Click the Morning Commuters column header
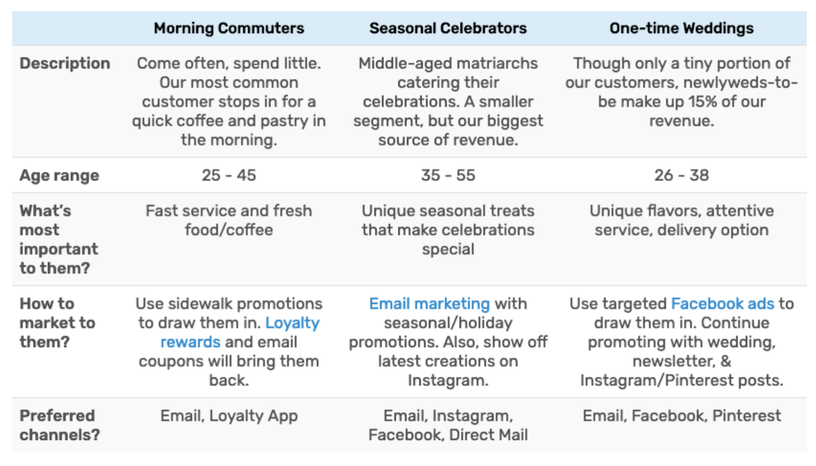(x=229, y=29)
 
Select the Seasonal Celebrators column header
(x=448, y=29)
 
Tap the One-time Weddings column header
(x=681, y=29)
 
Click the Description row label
(x=65, y=64)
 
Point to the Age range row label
(x=59, y=176)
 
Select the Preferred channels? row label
(x=59, y=425)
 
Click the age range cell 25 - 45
(x=229, y=176)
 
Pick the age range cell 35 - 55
(x=448, y=176)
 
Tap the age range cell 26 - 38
(x=681, y=176)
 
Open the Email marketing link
(x=429, y=304)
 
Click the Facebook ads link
(x=723, y=304)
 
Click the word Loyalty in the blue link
(x=292, y=324)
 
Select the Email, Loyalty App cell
(x=229, y=416)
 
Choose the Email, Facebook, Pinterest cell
(x=681, y=415)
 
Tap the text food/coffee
(x=229, y=230)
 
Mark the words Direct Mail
(x=488, y=435)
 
